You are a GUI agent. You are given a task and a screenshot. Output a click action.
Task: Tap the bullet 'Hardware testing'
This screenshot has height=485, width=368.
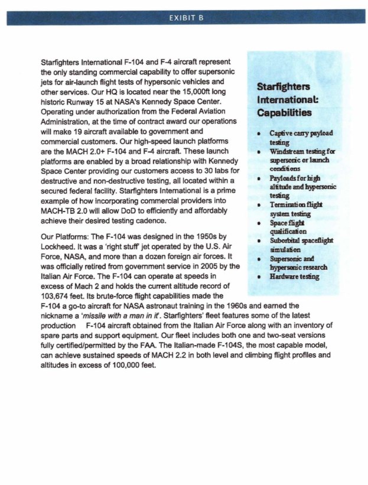(300, 275)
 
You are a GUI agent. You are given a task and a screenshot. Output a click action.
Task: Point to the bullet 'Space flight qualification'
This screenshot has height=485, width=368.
(292, 228)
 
